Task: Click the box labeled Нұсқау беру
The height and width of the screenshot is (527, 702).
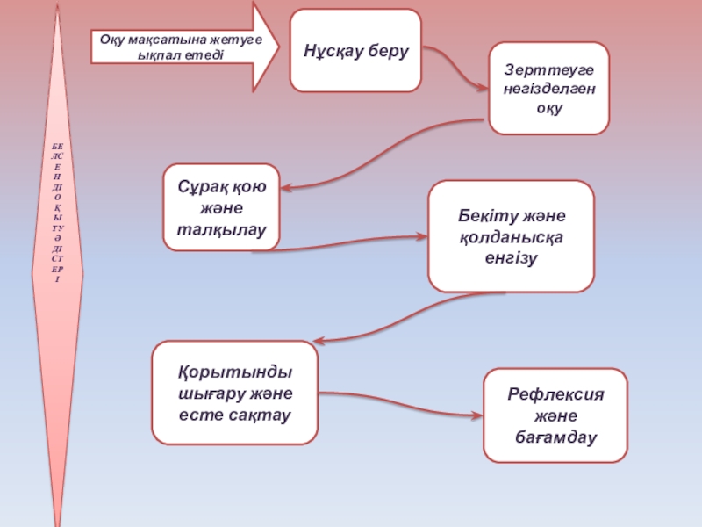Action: coord(355,51)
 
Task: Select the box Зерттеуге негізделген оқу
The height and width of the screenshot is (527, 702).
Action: coord(549,89)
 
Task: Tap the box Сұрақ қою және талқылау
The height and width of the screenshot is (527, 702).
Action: coord(222,207)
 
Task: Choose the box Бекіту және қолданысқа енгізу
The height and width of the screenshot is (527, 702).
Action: coord(512,236)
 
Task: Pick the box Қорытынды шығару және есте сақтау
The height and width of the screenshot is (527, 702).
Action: coord(235,393)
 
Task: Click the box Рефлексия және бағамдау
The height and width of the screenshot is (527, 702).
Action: coord(555,415)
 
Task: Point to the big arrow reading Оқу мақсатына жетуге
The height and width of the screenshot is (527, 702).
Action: coord(185,47)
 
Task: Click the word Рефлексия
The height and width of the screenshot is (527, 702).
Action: coord(555,394)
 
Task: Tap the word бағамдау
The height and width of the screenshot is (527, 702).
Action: coord(555,437)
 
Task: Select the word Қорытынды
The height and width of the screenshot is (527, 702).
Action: coord(235,372)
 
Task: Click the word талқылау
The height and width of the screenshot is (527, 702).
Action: coord(222,229)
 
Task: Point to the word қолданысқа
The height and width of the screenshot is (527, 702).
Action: coord(512,237)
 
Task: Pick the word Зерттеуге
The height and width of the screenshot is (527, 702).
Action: coord(549,70)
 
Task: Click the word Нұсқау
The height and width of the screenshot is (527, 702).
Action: coord(333,51)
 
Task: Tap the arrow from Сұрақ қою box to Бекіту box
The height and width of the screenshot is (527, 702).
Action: coord(340,242)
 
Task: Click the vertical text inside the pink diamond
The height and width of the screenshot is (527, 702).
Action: coord(57,213)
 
